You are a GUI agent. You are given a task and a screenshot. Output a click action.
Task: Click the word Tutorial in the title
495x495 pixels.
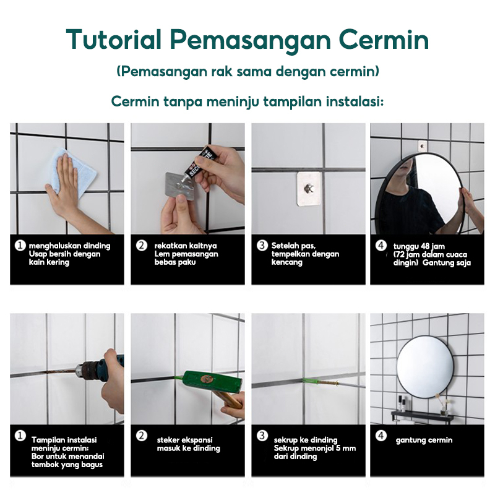(114, 40)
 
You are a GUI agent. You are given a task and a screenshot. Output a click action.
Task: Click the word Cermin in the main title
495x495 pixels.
(384, 40)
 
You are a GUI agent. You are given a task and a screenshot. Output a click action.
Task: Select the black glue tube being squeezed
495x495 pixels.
(196, 166)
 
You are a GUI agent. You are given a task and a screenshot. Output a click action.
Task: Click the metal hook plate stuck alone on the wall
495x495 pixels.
(308, 189)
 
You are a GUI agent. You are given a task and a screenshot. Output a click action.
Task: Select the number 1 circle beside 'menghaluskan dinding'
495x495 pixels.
(20, 245)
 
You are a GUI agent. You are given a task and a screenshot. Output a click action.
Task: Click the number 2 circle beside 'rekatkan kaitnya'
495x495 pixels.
(142, 245)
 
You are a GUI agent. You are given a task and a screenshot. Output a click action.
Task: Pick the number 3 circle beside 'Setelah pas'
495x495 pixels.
(262, 245)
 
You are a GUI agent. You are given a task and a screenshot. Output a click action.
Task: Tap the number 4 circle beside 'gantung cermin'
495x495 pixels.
(381, 436)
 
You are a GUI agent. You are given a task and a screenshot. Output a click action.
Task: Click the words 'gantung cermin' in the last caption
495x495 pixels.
(424, 440)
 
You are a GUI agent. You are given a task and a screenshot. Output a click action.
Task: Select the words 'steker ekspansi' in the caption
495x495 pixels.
(184, 440)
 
